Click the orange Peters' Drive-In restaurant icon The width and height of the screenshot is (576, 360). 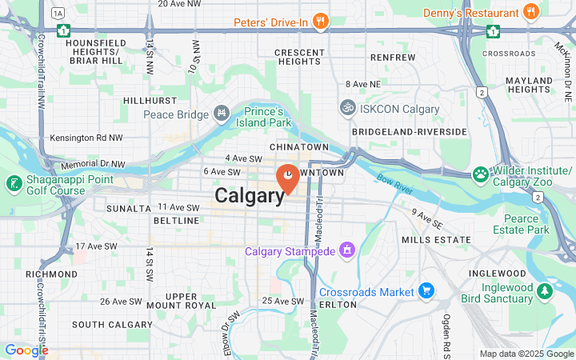(x=321, y=22)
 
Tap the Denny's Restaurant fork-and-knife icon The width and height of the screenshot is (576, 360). (x=530, y=12)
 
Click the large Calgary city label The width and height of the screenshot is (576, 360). (x=250, y=196)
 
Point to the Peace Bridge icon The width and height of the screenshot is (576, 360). (x=222, y=114)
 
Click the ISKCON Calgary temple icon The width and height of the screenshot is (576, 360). (x=347, y=106)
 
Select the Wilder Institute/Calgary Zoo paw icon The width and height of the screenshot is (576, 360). (x=481, y=174)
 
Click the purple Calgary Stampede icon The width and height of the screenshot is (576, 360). (x=346, y=251)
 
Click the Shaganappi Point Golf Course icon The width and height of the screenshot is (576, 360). (x=14, y=183)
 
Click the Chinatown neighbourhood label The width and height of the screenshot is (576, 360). (x=299, y=148)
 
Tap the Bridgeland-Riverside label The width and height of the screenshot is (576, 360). (x=409, y=131)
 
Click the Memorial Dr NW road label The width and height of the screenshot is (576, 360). (x=94, y=164)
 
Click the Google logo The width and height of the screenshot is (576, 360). (x=26, y=350)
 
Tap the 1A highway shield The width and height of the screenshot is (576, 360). (x=58, y=13)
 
